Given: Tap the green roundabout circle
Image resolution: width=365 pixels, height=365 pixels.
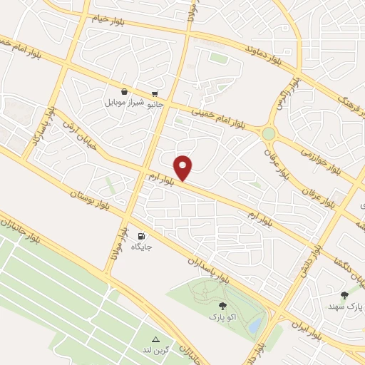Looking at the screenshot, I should [x=268, y=133].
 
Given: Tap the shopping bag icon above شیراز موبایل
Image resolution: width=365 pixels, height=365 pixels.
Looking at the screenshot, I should [x=125, y=92].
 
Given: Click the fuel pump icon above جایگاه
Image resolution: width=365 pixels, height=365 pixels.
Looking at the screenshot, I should [x=141, y=236].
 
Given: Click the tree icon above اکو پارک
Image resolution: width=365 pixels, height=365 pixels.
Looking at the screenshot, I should [x=213, y=304].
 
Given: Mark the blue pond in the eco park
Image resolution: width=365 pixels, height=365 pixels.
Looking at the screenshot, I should [x=254, y=324].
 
